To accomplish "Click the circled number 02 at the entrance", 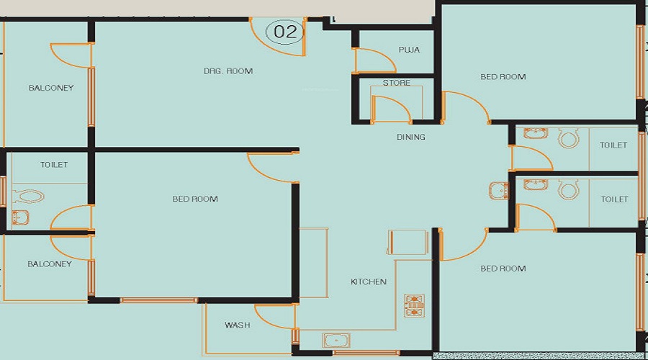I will (286, 31).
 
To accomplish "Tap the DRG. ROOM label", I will (228, 71).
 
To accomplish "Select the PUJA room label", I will (409, 50).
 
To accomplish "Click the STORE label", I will (397, 84).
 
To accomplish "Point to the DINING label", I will (410, 137).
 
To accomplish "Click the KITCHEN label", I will (369, 282).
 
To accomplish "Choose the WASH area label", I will (237, 325).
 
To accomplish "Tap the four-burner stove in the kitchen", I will (415, 305).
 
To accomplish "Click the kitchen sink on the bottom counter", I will (336, 341).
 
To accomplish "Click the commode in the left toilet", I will (29, 196).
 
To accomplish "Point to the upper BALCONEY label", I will (51, 89).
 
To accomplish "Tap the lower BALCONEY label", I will (50, 264).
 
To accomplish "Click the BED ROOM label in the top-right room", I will (503, 77).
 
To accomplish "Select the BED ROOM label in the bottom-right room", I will (503, 269).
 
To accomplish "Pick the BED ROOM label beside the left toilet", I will (195, 199).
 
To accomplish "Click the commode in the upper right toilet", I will (569, 138).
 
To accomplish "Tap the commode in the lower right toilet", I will (569, 190).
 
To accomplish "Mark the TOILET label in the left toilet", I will (54, 165).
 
